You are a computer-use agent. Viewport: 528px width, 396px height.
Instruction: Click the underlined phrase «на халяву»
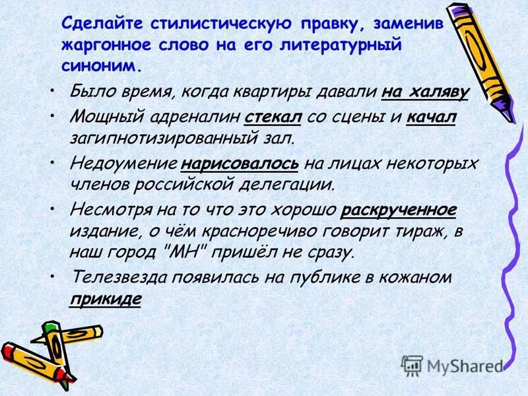(x=425, y=93)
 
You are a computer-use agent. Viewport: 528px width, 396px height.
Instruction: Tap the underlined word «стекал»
(x=273, y=117)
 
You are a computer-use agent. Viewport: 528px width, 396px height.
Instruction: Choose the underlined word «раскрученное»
(x=399, y=210)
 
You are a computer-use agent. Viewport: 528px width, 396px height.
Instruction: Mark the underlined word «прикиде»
(x=105, y=298)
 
